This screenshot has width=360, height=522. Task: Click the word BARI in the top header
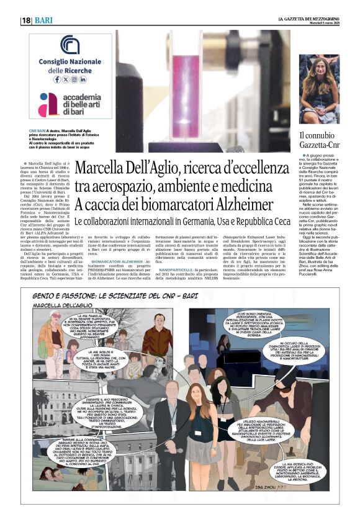[x=43, y=20]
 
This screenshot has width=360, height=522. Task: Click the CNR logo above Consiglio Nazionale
[x=70, y=44]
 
